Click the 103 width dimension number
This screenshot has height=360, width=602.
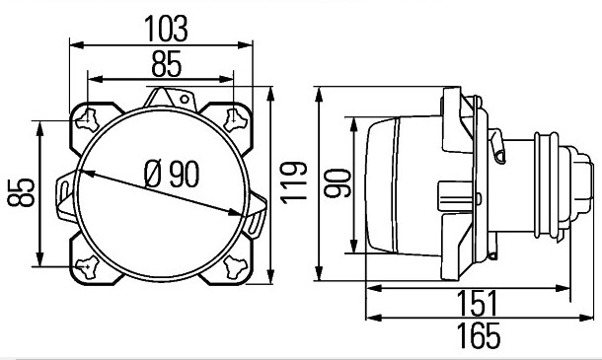pos(166,29)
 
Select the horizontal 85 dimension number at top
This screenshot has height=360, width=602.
pos(166,64)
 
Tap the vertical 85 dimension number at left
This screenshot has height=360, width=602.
pos(22,192)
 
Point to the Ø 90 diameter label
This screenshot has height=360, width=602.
pos(172,175)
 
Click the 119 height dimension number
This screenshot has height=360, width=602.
pos(294,182)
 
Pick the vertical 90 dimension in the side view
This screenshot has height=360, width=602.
pos(338,183)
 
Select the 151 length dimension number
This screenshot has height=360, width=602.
pos(478,303)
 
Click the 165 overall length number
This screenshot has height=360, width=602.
pos(480,335)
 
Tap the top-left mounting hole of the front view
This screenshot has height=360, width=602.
pos(88,119)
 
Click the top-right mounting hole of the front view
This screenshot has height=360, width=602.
pos(234,119)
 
